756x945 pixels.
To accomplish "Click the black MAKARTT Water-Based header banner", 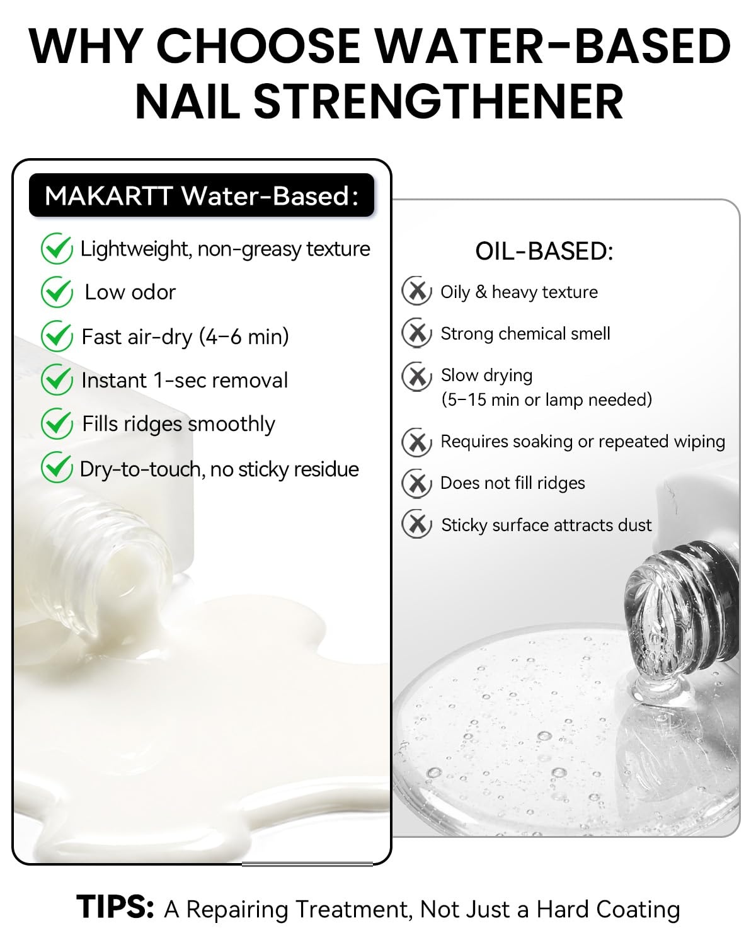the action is pos(202,195).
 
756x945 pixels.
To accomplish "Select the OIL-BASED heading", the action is pos(544,251).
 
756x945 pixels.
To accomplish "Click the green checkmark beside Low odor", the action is pos(57,292).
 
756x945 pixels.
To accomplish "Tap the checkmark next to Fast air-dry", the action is pos(57,336).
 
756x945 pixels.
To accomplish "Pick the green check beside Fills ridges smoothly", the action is pos(57,424).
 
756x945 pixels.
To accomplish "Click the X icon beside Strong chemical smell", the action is pos(417,333).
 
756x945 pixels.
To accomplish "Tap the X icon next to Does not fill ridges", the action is pos(417,483).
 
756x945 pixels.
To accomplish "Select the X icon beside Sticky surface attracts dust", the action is pos(417,524).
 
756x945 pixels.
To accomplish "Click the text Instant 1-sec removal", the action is pos(185,381).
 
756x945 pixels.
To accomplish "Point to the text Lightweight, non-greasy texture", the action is pos(225,249).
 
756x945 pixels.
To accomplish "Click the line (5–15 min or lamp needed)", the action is pos(546,399).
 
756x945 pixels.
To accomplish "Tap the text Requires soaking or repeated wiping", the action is pos(583,442).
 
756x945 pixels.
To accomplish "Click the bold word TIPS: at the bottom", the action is pos(115,906).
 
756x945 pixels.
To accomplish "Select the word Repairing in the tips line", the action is pos(238,910).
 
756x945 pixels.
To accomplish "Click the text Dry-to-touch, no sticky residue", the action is pos(219,469).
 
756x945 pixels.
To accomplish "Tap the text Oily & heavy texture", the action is pos(518,292).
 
